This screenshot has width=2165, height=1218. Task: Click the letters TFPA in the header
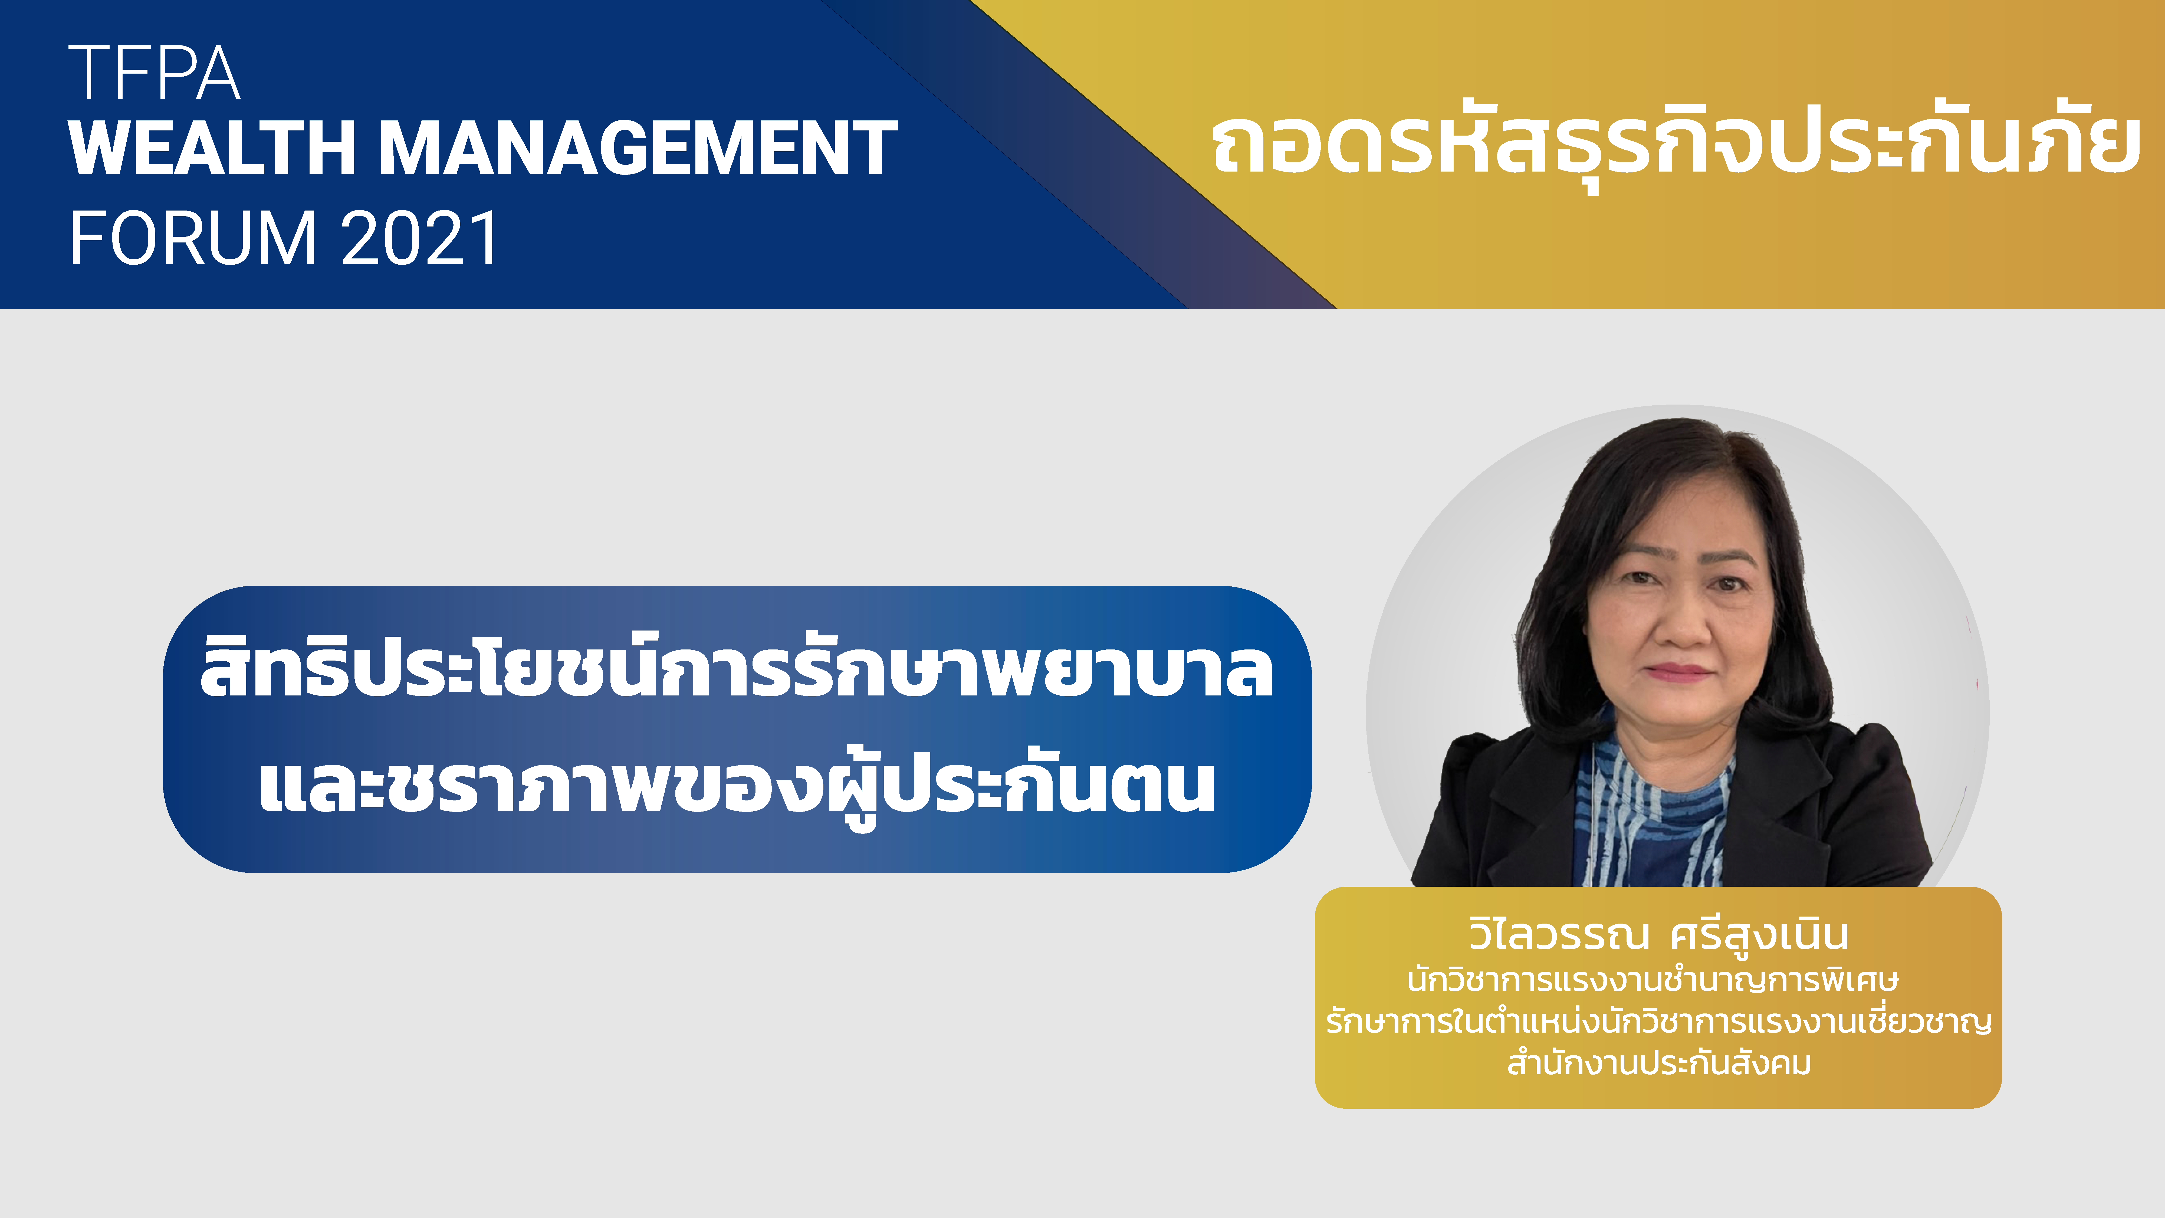pos(155,73)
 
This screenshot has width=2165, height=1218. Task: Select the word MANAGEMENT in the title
pos(639,148)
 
